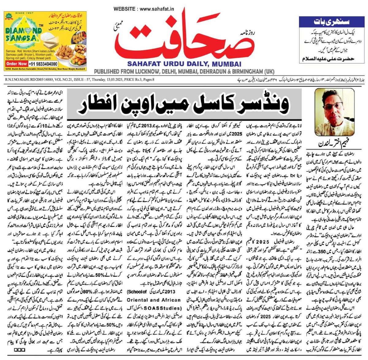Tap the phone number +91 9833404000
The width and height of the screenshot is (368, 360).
(43, 64)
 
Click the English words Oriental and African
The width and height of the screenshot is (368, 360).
(154, 300)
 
